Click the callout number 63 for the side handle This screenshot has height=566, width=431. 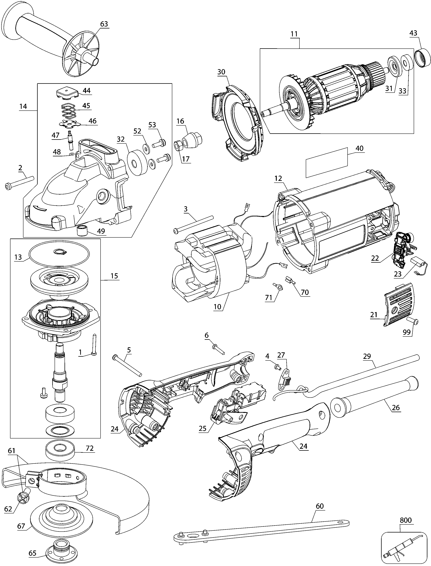[104, 24]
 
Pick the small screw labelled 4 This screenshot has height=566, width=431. [277, 367]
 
